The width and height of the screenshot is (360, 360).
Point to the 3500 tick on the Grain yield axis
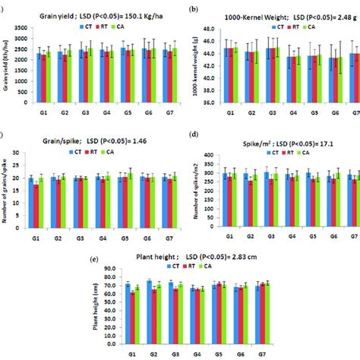point(27,28)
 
